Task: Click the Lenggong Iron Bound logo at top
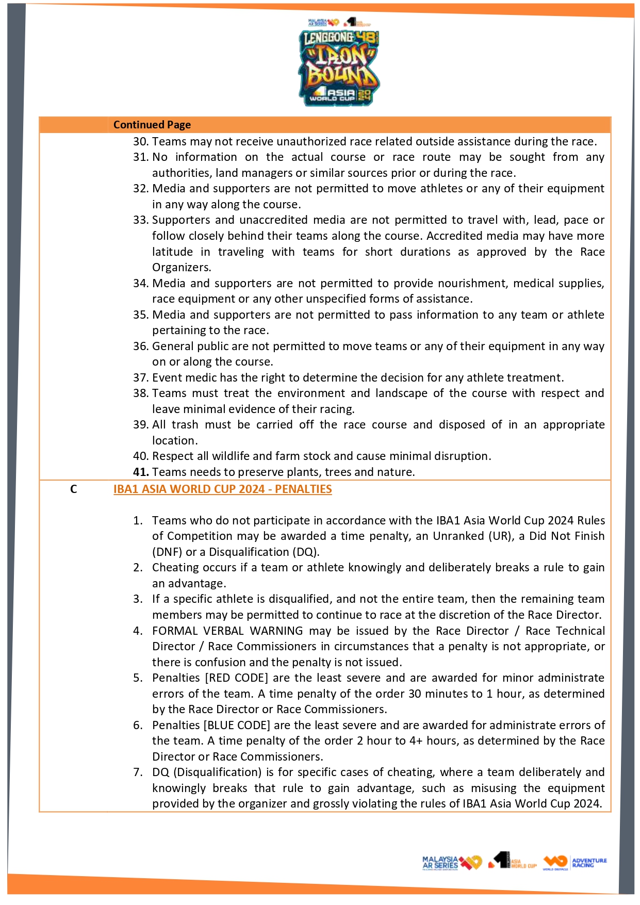pos(339,67)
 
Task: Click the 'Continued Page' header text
pos(152,125)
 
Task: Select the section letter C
pos(74,489)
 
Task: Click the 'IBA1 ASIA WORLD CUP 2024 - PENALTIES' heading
pos(222,489)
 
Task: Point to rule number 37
pos(140,377)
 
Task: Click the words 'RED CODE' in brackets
pos(237,678)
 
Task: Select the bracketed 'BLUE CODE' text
pos(237,725)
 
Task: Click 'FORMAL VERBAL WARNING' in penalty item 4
pos(227,631)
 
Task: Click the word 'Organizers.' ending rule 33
pos(182,267)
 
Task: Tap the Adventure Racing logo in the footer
pos(575,862)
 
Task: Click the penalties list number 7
pos(138,772)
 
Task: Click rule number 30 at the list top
pos(140,141)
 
